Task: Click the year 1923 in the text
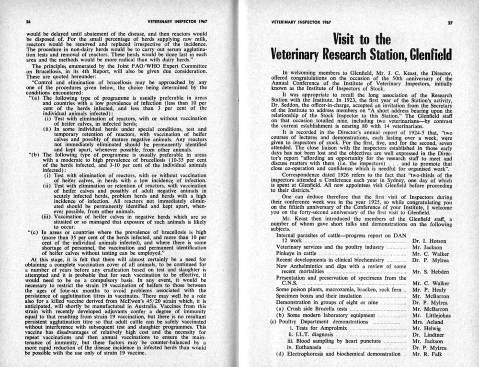[353, 102]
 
